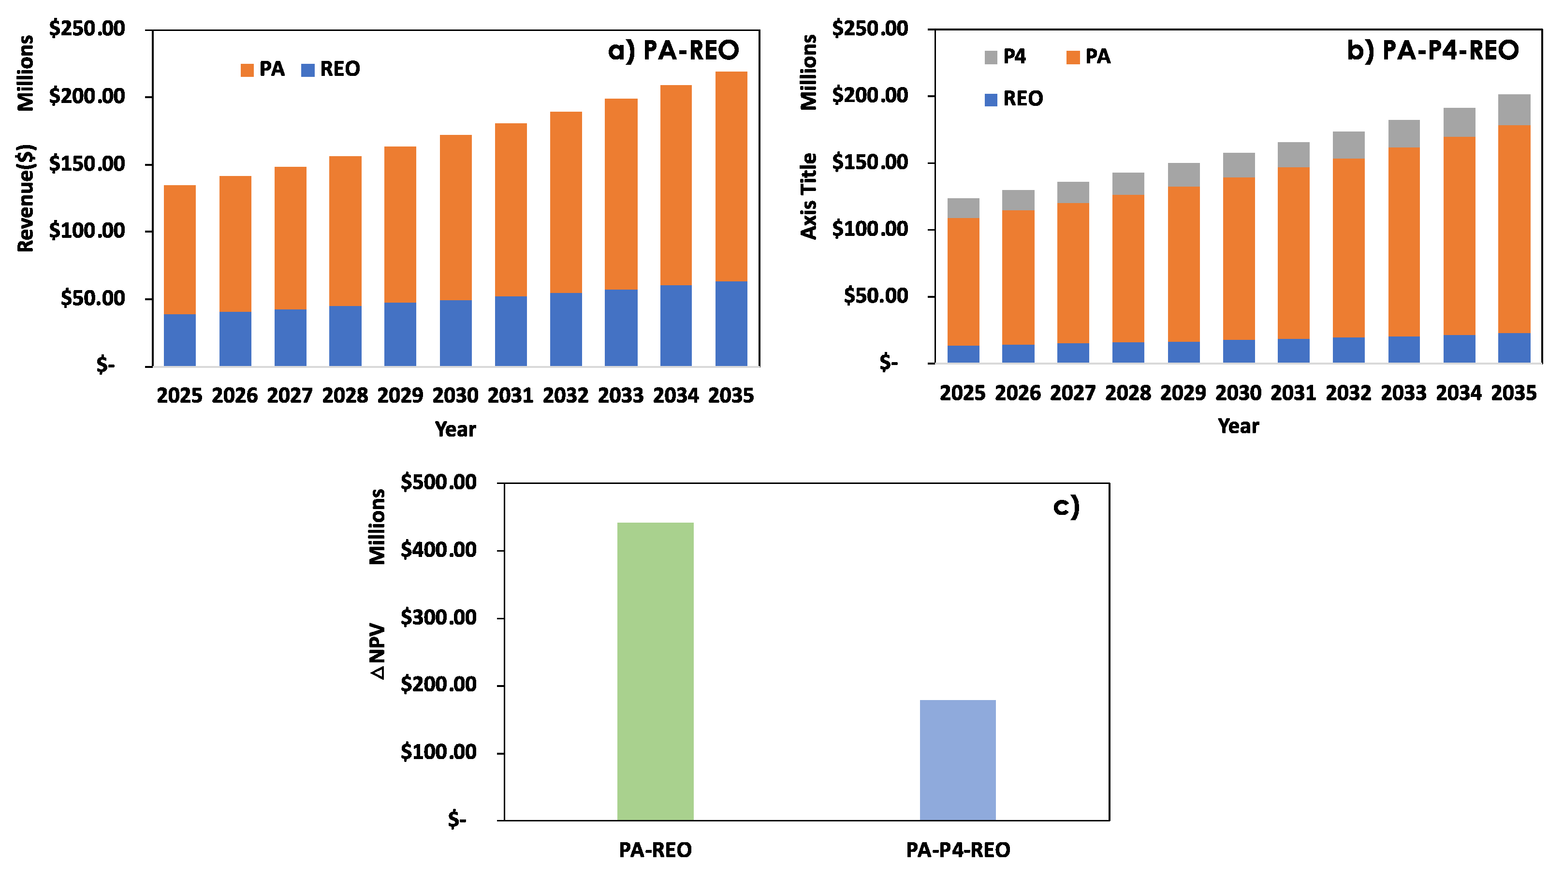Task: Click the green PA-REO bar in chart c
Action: [655, 671]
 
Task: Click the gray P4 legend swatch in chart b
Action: [990, 58]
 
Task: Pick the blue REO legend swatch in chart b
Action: [990, 100]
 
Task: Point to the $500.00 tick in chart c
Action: [438, 482]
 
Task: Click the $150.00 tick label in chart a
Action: [87, 164]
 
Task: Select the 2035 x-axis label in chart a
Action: [730, 395]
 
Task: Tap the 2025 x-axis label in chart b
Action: [963, 393]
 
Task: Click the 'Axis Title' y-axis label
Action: [808, 196]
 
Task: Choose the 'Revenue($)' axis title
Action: [26, 198]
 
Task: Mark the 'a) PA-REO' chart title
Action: [673, 50]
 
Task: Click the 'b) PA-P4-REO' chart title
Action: [1432, 50]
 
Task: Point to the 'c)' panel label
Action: [1066, 506]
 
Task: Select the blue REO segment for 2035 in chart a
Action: [730, 323]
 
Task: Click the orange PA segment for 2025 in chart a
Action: [179, 249]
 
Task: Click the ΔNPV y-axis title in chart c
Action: [378, 651]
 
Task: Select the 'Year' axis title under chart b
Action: [1238, 426]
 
